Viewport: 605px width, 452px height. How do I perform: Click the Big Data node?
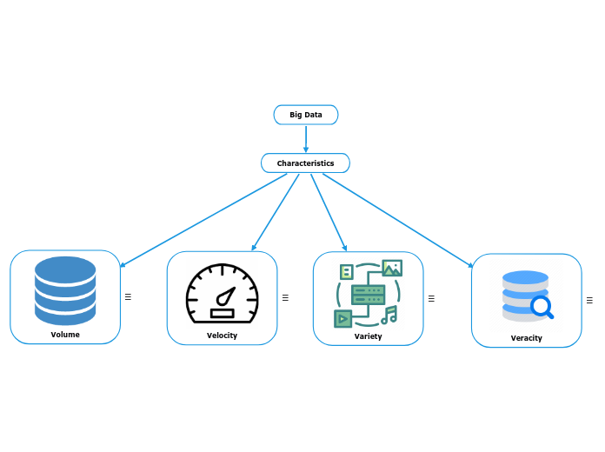click(306, 115)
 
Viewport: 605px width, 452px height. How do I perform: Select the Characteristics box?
click(305, 163)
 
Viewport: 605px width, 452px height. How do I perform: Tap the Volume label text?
click(65, 335)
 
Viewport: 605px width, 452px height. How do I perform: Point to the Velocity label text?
click(222, 336)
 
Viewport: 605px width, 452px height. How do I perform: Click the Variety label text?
click(368, 336)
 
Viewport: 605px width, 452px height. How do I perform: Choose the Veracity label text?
click(526, 338)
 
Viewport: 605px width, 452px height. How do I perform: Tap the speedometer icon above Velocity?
click(223, 293)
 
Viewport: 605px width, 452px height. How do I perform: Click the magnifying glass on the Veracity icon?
click(542, 307)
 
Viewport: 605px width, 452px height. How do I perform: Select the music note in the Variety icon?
click(389, 315)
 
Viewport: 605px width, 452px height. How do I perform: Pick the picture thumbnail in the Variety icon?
click(391, 268)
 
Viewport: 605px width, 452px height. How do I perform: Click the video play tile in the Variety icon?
click(343, 318)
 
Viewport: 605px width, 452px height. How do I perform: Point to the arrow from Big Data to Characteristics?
click(306, 138)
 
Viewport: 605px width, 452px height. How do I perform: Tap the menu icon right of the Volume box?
click(128, 296)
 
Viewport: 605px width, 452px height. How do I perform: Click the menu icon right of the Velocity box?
click(285, 297)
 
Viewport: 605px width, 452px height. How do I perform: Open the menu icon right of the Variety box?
click(431, 297)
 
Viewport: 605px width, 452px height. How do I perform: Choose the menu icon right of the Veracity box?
click(589, 301)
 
